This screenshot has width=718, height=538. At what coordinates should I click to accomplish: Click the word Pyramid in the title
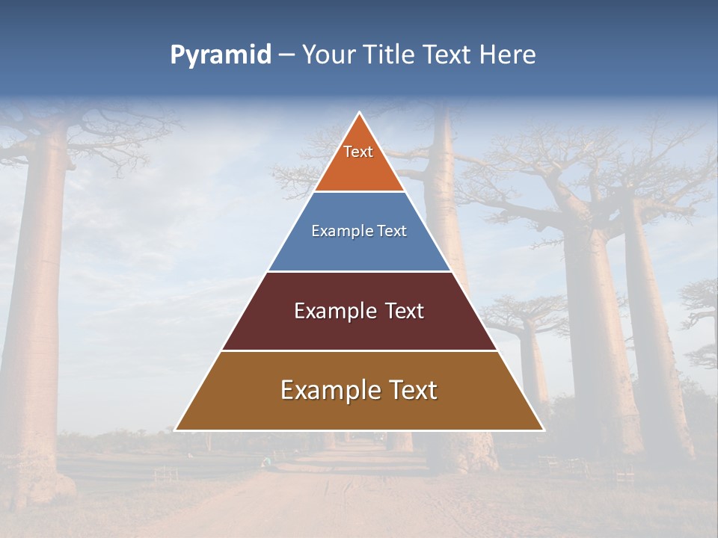[221, 55]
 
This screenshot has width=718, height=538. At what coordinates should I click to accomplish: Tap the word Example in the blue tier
[340, 232]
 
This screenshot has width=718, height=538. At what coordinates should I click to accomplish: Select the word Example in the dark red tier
[333, 311]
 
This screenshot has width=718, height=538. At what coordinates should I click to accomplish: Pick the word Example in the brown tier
[328, 390]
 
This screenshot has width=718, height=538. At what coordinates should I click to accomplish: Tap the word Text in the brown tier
[411, 390]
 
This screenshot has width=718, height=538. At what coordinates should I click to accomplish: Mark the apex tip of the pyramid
[359, 113]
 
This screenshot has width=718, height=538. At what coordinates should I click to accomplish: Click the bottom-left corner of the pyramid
[176, 430]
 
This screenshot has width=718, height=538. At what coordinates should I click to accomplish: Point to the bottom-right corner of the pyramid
[543, 430]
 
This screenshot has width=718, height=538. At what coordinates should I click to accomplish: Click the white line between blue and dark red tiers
[359, 271]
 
